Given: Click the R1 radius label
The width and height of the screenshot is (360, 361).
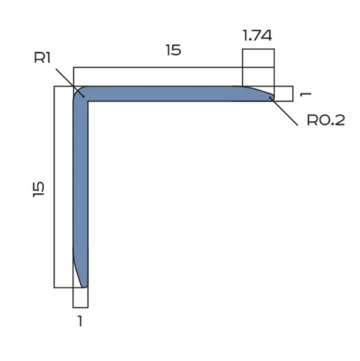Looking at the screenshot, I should point(42,57).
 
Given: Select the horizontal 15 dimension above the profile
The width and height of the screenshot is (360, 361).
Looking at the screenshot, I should point(173,50).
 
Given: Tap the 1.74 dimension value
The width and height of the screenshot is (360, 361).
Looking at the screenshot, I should point(258,34).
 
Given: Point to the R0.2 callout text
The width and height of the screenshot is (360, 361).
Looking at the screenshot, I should point(325,120).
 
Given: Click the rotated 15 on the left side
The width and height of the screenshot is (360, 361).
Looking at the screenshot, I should point(39,187).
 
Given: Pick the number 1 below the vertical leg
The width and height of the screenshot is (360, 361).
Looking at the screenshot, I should point(80,320).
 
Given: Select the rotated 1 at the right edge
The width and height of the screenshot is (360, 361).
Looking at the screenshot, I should point(306,93).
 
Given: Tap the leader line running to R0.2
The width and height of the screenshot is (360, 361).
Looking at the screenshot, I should point(284,112).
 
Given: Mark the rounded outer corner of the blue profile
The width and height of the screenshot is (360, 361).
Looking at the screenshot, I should point(77,90).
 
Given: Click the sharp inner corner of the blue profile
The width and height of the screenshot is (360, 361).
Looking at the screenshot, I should point(88,101).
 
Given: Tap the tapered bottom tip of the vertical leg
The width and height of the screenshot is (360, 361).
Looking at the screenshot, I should point(84,284).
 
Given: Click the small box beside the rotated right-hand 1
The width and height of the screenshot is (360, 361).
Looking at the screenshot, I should point(283,93).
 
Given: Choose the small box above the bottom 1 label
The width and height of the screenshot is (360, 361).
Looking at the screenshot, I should point(80,297).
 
